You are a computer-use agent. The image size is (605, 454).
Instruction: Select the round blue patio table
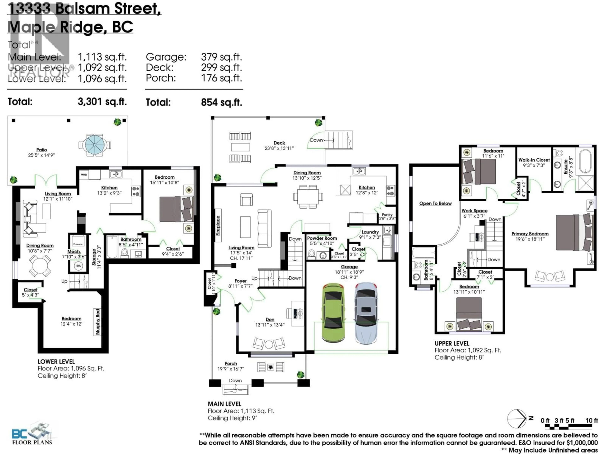coord(95,145)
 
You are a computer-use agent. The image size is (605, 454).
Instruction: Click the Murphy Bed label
coord(98,322)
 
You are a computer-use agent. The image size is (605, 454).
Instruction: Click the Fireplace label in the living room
coord(218,225)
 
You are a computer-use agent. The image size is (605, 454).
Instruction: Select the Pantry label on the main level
coord(387,215)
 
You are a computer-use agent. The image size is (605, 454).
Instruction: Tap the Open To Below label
coord(435,203)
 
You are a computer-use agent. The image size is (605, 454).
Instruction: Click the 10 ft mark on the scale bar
coord(592,420)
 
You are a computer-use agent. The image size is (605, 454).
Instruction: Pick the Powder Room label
coord(322,238)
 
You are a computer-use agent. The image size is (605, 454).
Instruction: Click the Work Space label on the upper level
coord(474,210)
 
